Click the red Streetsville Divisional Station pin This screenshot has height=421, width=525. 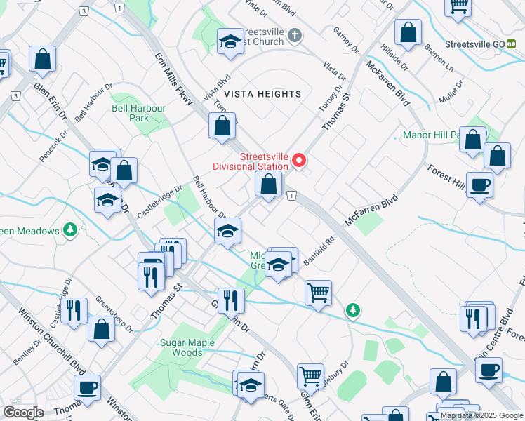(x=300, y=161)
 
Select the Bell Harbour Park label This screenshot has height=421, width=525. (x=139, y=113)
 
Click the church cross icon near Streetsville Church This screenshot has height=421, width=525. (x=295, y=35)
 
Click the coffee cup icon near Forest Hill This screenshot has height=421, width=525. (x=480, y=185)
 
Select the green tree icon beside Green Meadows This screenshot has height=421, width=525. (x=69, y=229)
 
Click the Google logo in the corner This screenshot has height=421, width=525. (x=23, y=413)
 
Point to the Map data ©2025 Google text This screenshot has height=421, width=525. (x=481, y=415)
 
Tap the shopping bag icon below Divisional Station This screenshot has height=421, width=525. (x=268, y=185)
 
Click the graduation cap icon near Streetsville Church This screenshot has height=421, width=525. (x=230, y=42)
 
